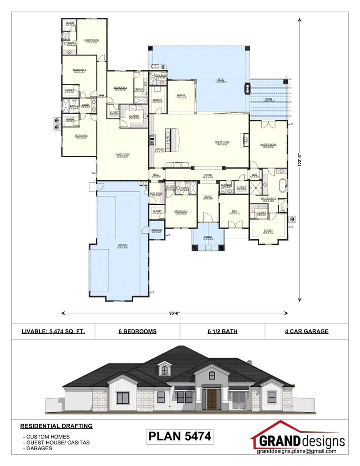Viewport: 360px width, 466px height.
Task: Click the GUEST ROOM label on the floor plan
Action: (x=92, y=40)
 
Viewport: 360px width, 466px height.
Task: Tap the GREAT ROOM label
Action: (x=222, y=142)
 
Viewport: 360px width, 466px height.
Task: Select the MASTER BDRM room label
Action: (x=268, y=145)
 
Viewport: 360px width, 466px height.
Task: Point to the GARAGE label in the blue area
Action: (x=122, y=245)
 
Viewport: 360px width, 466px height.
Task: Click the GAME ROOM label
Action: (x=122, y=154)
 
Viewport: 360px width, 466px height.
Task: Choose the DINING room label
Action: (x=181, y=95)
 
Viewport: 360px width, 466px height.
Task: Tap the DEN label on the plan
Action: (x=234, y=212)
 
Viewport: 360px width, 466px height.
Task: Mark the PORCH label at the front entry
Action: (x=208, y=237)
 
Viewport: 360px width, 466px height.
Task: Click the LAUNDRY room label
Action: (x=134, y=116)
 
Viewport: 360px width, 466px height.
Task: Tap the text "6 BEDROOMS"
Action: (x=137, y=331)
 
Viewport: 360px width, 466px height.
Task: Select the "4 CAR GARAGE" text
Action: (x=306, y=331)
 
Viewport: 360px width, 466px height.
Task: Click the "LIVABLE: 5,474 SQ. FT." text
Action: (x=53, y=331)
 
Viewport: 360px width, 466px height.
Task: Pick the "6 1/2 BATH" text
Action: (x=222, y=331)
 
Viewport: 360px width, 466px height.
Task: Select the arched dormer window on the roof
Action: (x=165, y=370)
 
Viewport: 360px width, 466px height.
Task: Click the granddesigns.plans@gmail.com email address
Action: (x=297, y=451)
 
